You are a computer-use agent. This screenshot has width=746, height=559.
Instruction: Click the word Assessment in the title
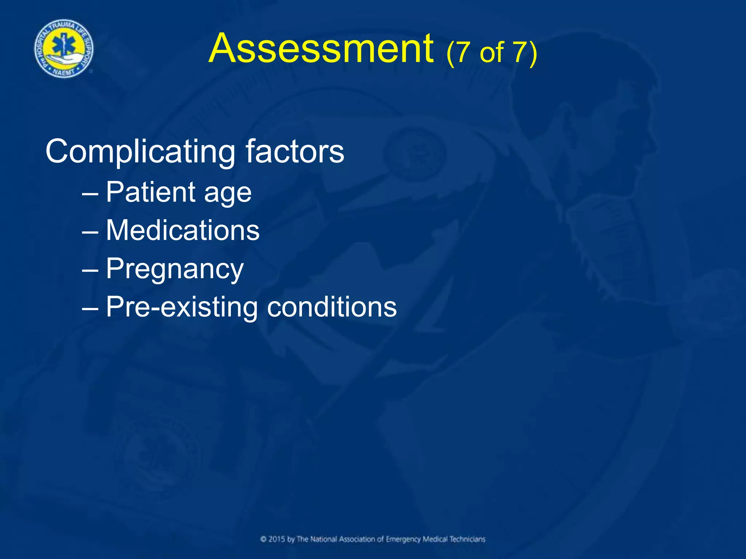click(321, 48)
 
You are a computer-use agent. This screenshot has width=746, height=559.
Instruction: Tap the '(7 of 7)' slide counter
click(491, 53)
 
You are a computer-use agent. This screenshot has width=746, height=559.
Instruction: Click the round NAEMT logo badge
click(64, 49)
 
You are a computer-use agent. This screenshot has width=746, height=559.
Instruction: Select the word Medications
click(182, 230)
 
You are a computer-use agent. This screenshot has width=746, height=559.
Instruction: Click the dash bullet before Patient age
click(90, 193)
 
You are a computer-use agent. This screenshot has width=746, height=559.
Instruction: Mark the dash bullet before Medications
click(90, 231)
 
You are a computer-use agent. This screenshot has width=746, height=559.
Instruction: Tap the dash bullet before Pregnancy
click(90, 270)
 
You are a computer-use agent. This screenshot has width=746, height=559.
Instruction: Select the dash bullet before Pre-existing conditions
click(90, 308)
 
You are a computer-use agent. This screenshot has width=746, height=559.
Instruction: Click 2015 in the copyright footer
click(276, 539)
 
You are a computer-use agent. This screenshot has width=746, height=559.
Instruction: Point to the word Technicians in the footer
click(467, 539)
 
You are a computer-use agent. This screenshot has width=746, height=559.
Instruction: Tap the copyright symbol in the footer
click(263, 539)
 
